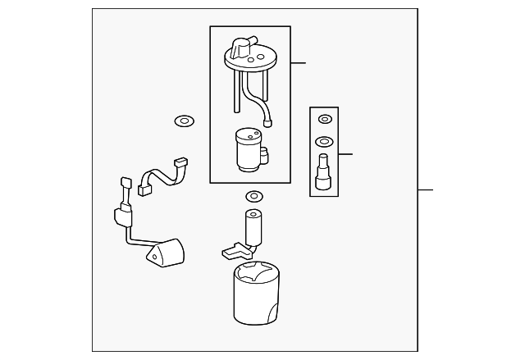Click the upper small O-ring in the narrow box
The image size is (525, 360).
coord(325,120)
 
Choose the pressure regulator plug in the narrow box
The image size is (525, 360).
coord(324,172)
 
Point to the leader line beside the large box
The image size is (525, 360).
coord(298,62)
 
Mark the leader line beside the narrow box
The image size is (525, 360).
coord(345,153)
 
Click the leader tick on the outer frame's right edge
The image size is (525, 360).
coord(424,190)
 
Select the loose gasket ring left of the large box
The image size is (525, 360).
coord(183,122)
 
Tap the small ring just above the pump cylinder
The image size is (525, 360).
coord(253,197)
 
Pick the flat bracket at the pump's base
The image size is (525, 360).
coord(234,248)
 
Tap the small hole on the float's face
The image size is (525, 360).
coord(153,256)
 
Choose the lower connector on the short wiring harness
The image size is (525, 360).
coord(145,189)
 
